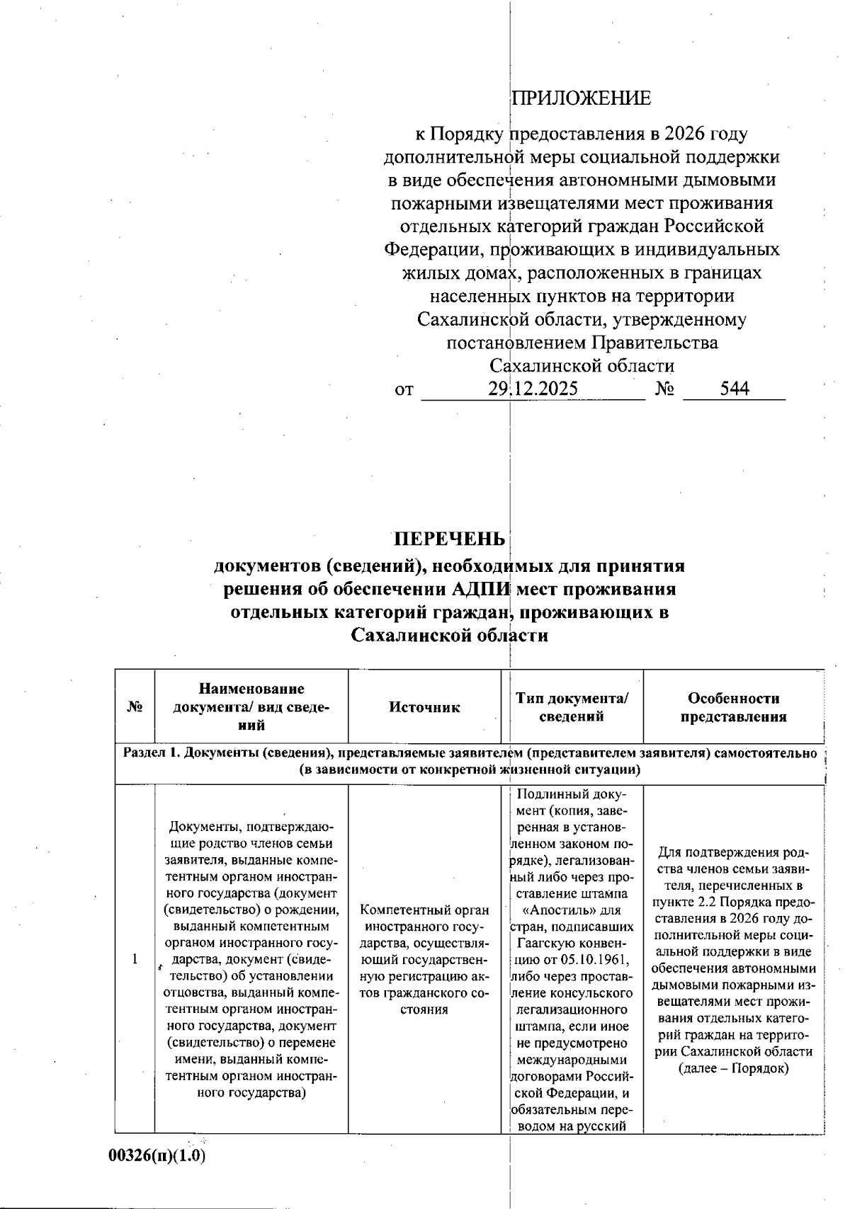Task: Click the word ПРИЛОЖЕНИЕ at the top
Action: click(x=581, y=98)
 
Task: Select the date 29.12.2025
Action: click(x=533, y=389)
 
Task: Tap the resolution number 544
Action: click(x=735, y=389)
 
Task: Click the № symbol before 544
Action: click(x=664, y=389)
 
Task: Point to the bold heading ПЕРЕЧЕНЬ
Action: click(x=450, y=539)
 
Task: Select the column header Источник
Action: click(x=424, y=707)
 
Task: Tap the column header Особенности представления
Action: click(x=733, y=707)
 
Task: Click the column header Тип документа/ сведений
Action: click(x=572, y=707)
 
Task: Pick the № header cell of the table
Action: click(x=135, y=707)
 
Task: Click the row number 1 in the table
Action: click(x=135, y=959)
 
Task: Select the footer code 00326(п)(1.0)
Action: click(x=157, y=1155)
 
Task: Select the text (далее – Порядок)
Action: click(x=733, y=1068)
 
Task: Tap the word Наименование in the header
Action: click(x=251, y=689)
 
